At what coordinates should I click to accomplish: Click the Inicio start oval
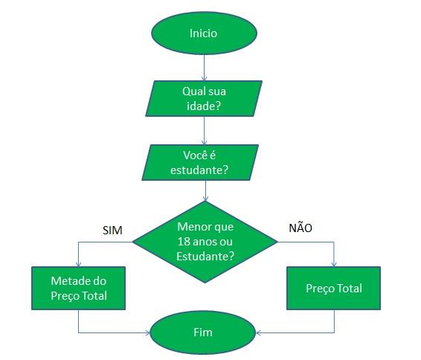[204, 33]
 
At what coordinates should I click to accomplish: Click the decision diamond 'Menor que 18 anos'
[205, 241]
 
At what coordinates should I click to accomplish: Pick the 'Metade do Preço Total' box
[79, 289]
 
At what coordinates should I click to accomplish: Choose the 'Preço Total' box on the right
[334, 288]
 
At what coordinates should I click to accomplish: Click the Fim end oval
[202, 332]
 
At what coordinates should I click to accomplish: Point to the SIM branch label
[112, 230]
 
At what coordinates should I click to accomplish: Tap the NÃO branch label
[300, 228]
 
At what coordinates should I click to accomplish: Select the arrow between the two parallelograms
[204, 132]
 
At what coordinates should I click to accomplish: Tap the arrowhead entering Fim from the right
[260, 332]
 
